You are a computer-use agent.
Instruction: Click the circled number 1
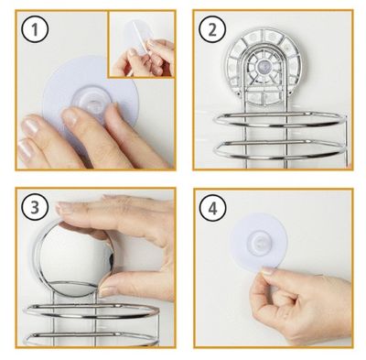point(35,29)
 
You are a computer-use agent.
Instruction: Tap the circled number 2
point(212,29)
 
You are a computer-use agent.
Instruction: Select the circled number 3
point(35,208)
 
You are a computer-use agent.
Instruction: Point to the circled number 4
point(212,209)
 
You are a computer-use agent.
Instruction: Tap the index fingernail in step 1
point(70,117)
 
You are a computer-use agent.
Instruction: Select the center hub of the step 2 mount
point(261,66)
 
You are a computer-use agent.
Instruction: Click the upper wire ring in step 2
point(280,121)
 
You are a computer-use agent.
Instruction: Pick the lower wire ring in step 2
point(280,150)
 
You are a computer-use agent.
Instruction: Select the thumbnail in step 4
point(268,271)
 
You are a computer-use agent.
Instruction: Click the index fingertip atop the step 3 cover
point(62,208)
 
